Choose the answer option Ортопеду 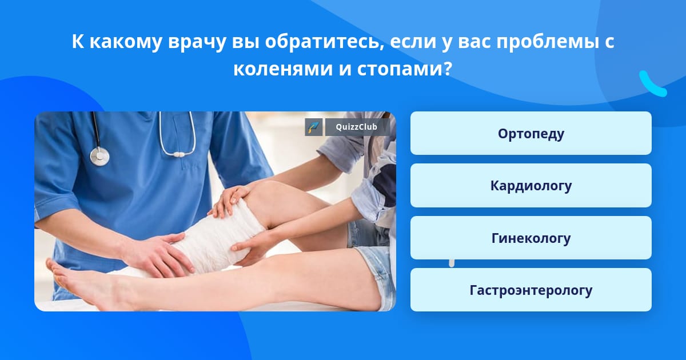[531, 133]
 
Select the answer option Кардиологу [531, 186]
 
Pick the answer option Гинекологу [531, 238]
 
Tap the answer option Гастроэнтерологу [531, 290]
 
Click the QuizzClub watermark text [356, 127]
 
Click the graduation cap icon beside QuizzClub [314, 127]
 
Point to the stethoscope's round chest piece [99, 157]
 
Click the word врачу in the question [197, 42]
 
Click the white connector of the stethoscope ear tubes [178, 155]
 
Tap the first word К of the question [78, 42]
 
